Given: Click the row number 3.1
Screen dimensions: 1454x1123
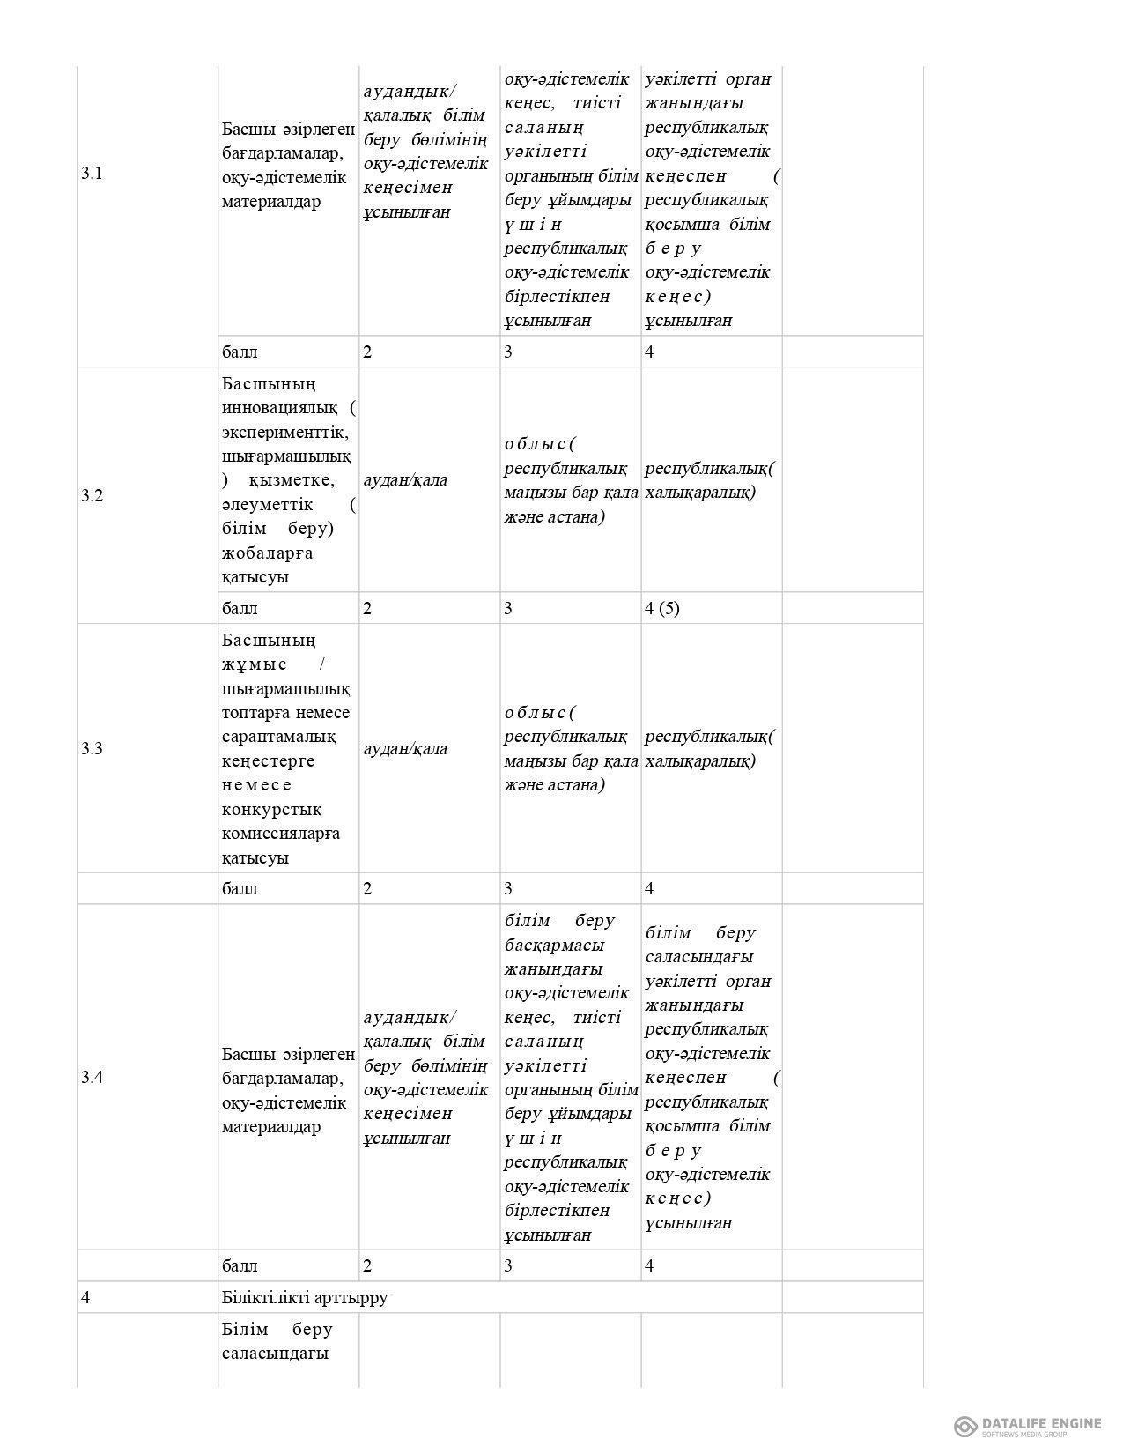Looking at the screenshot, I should pos(92,173).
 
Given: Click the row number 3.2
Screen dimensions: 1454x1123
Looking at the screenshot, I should pos(92,495).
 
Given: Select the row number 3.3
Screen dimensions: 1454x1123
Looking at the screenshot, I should pos(92,748).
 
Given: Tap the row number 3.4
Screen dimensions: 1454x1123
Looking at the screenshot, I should pos(92,1077).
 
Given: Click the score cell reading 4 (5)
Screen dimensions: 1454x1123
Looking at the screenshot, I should pos(662,608).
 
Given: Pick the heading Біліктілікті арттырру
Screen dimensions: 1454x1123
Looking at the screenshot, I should pos(305,1297).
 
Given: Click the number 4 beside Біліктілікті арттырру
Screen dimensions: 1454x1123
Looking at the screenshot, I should pos(85,1297).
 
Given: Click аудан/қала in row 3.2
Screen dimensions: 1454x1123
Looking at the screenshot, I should pos(405,479).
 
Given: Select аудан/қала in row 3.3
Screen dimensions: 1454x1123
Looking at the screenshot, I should pos(405,748).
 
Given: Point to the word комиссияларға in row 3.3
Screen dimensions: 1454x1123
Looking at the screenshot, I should pos(281,833).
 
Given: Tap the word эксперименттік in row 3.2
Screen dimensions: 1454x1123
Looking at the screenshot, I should pos(286,432).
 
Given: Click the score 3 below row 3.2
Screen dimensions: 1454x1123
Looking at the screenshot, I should pos(508,608).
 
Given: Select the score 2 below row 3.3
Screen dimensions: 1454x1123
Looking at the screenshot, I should pos(367,888).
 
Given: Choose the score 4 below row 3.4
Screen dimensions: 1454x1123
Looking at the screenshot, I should pos(649,1265).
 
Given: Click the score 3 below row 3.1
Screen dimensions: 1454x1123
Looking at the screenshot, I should pos(508,352).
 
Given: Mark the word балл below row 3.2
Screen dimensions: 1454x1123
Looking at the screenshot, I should pos(240,608).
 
